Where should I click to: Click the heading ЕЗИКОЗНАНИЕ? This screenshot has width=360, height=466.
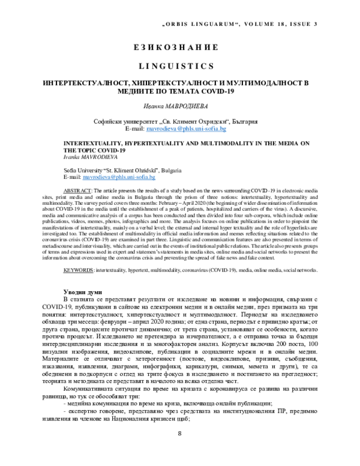[x=180, y=47]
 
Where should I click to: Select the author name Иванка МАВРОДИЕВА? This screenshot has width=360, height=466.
[x=180, y=106]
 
